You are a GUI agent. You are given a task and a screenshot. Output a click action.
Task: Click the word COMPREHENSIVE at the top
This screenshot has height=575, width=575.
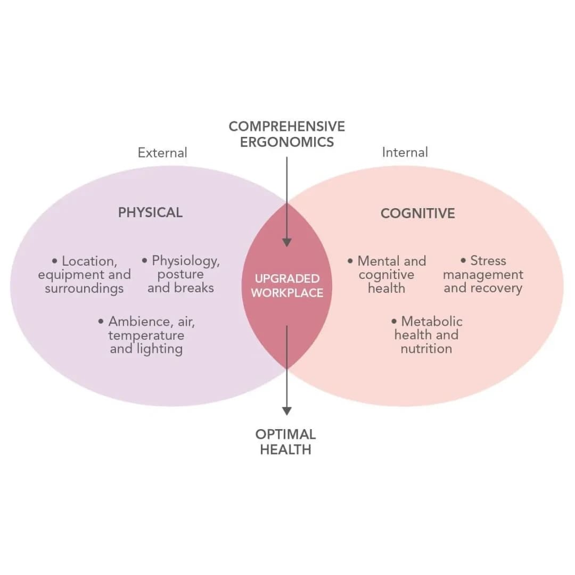286,126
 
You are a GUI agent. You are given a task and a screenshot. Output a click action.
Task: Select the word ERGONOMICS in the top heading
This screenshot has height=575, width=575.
286,142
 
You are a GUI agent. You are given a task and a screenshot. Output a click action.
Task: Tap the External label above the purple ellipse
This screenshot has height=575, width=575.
162,153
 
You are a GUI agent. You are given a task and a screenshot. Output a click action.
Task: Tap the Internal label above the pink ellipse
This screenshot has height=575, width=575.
405,152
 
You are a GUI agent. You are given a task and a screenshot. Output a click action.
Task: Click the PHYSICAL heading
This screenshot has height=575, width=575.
150,212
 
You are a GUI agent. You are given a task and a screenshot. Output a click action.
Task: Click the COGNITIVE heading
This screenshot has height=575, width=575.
417,213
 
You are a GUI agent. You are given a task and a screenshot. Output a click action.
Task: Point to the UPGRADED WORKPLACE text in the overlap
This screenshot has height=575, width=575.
287,285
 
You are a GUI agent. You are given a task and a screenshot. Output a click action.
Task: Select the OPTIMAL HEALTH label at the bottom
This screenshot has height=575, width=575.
285,441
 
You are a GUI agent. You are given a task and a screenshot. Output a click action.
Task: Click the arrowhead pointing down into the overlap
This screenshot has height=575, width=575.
287,242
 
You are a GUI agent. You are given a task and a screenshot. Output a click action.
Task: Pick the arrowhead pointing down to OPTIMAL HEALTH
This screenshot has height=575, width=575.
287,410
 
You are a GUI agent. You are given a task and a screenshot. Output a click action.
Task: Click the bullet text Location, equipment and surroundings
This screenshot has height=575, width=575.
84,275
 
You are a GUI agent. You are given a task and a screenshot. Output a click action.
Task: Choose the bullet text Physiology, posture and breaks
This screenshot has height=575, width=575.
180,275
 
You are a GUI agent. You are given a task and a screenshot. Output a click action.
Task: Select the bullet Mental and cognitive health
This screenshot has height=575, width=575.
387,275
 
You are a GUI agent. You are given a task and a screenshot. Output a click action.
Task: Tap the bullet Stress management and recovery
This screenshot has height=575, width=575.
483,275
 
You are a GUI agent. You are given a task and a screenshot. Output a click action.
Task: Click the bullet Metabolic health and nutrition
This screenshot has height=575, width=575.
426,335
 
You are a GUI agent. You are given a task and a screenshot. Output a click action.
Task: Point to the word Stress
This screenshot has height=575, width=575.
488,261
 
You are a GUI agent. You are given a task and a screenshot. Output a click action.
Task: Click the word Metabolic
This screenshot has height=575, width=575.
431,322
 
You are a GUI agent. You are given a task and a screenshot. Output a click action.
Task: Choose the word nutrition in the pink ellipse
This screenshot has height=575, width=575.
426,349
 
